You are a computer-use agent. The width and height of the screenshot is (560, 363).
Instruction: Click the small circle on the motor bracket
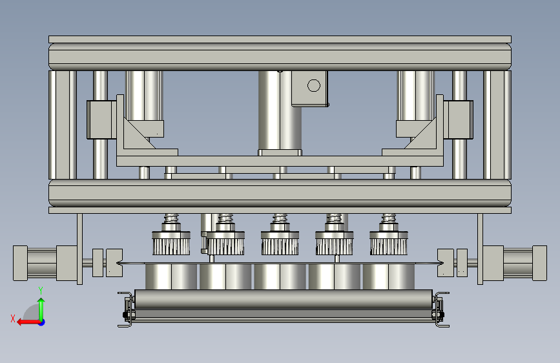click(313, 85)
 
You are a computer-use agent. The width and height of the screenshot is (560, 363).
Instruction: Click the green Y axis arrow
click(41, 309)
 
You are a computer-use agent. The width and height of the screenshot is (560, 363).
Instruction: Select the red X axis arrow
click(28, 322)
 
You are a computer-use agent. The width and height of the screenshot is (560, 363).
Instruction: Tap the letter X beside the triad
click(13, 318)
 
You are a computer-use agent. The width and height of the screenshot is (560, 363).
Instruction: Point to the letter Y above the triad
click(41, 291)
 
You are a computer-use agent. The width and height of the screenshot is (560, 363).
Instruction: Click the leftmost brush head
click(171, 243)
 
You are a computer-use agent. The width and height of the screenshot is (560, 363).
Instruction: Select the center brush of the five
click(280, 243)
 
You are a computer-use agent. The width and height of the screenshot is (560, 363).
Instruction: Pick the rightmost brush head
click(389, 243)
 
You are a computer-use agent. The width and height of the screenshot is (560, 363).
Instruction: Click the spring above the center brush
click(280, 218)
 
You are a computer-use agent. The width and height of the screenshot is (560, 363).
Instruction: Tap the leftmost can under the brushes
click(171, 276)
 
